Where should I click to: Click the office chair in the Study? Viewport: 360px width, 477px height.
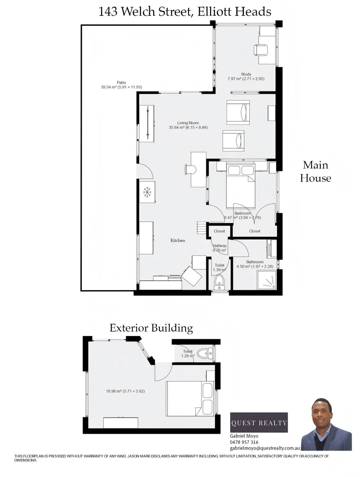click(261, 49)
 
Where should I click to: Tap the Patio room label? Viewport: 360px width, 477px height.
click(121, 83)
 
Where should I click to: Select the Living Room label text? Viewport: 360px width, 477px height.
click(188, 123)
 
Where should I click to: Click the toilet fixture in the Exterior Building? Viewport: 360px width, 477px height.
click(205, 353)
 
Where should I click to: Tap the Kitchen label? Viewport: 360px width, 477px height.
click(178, 240)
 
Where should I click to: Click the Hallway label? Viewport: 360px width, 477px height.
click(220, 246)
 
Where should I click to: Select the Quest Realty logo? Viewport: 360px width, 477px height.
click(259, 423)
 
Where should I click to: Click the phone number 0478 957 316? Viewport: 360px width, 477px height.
click(244, 442)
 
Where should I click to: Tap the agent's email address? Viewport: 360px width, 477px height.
click(265, 448)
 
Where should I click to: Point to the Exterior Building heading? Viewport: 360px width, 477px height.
click(151, 328)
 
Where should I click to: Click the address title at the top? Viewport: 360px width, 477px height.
click(185, 12)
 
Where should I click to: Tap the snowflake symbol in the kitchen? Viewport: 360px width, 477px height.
click(148, 192)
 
